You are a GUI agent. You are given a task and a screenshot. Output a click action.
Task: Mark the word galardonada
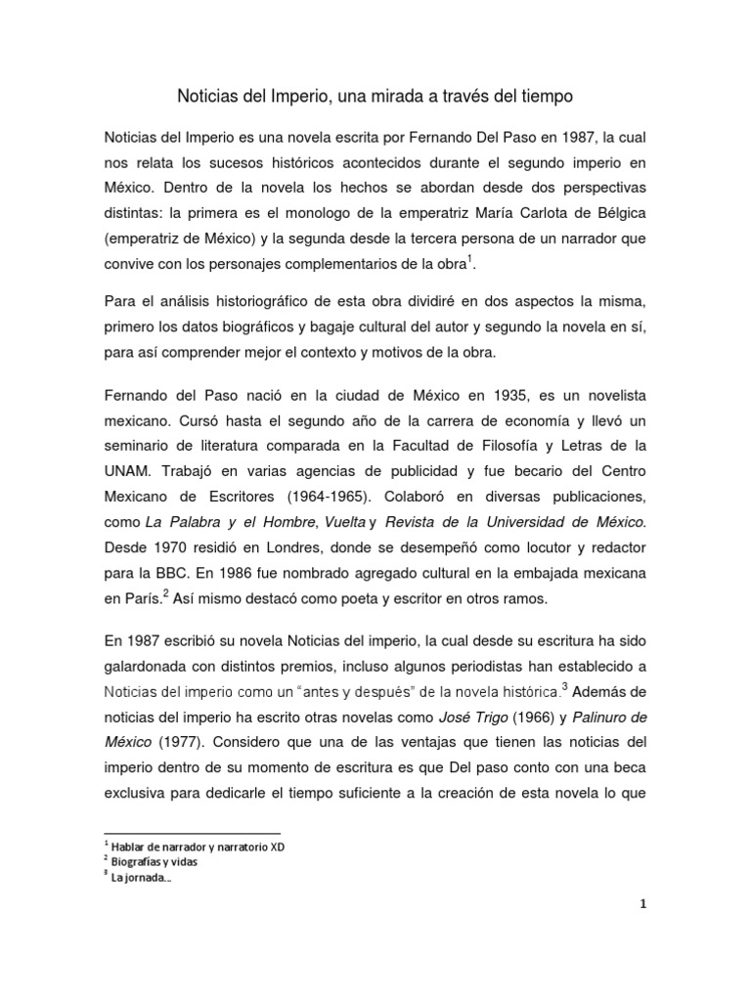tap(151, 667)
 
